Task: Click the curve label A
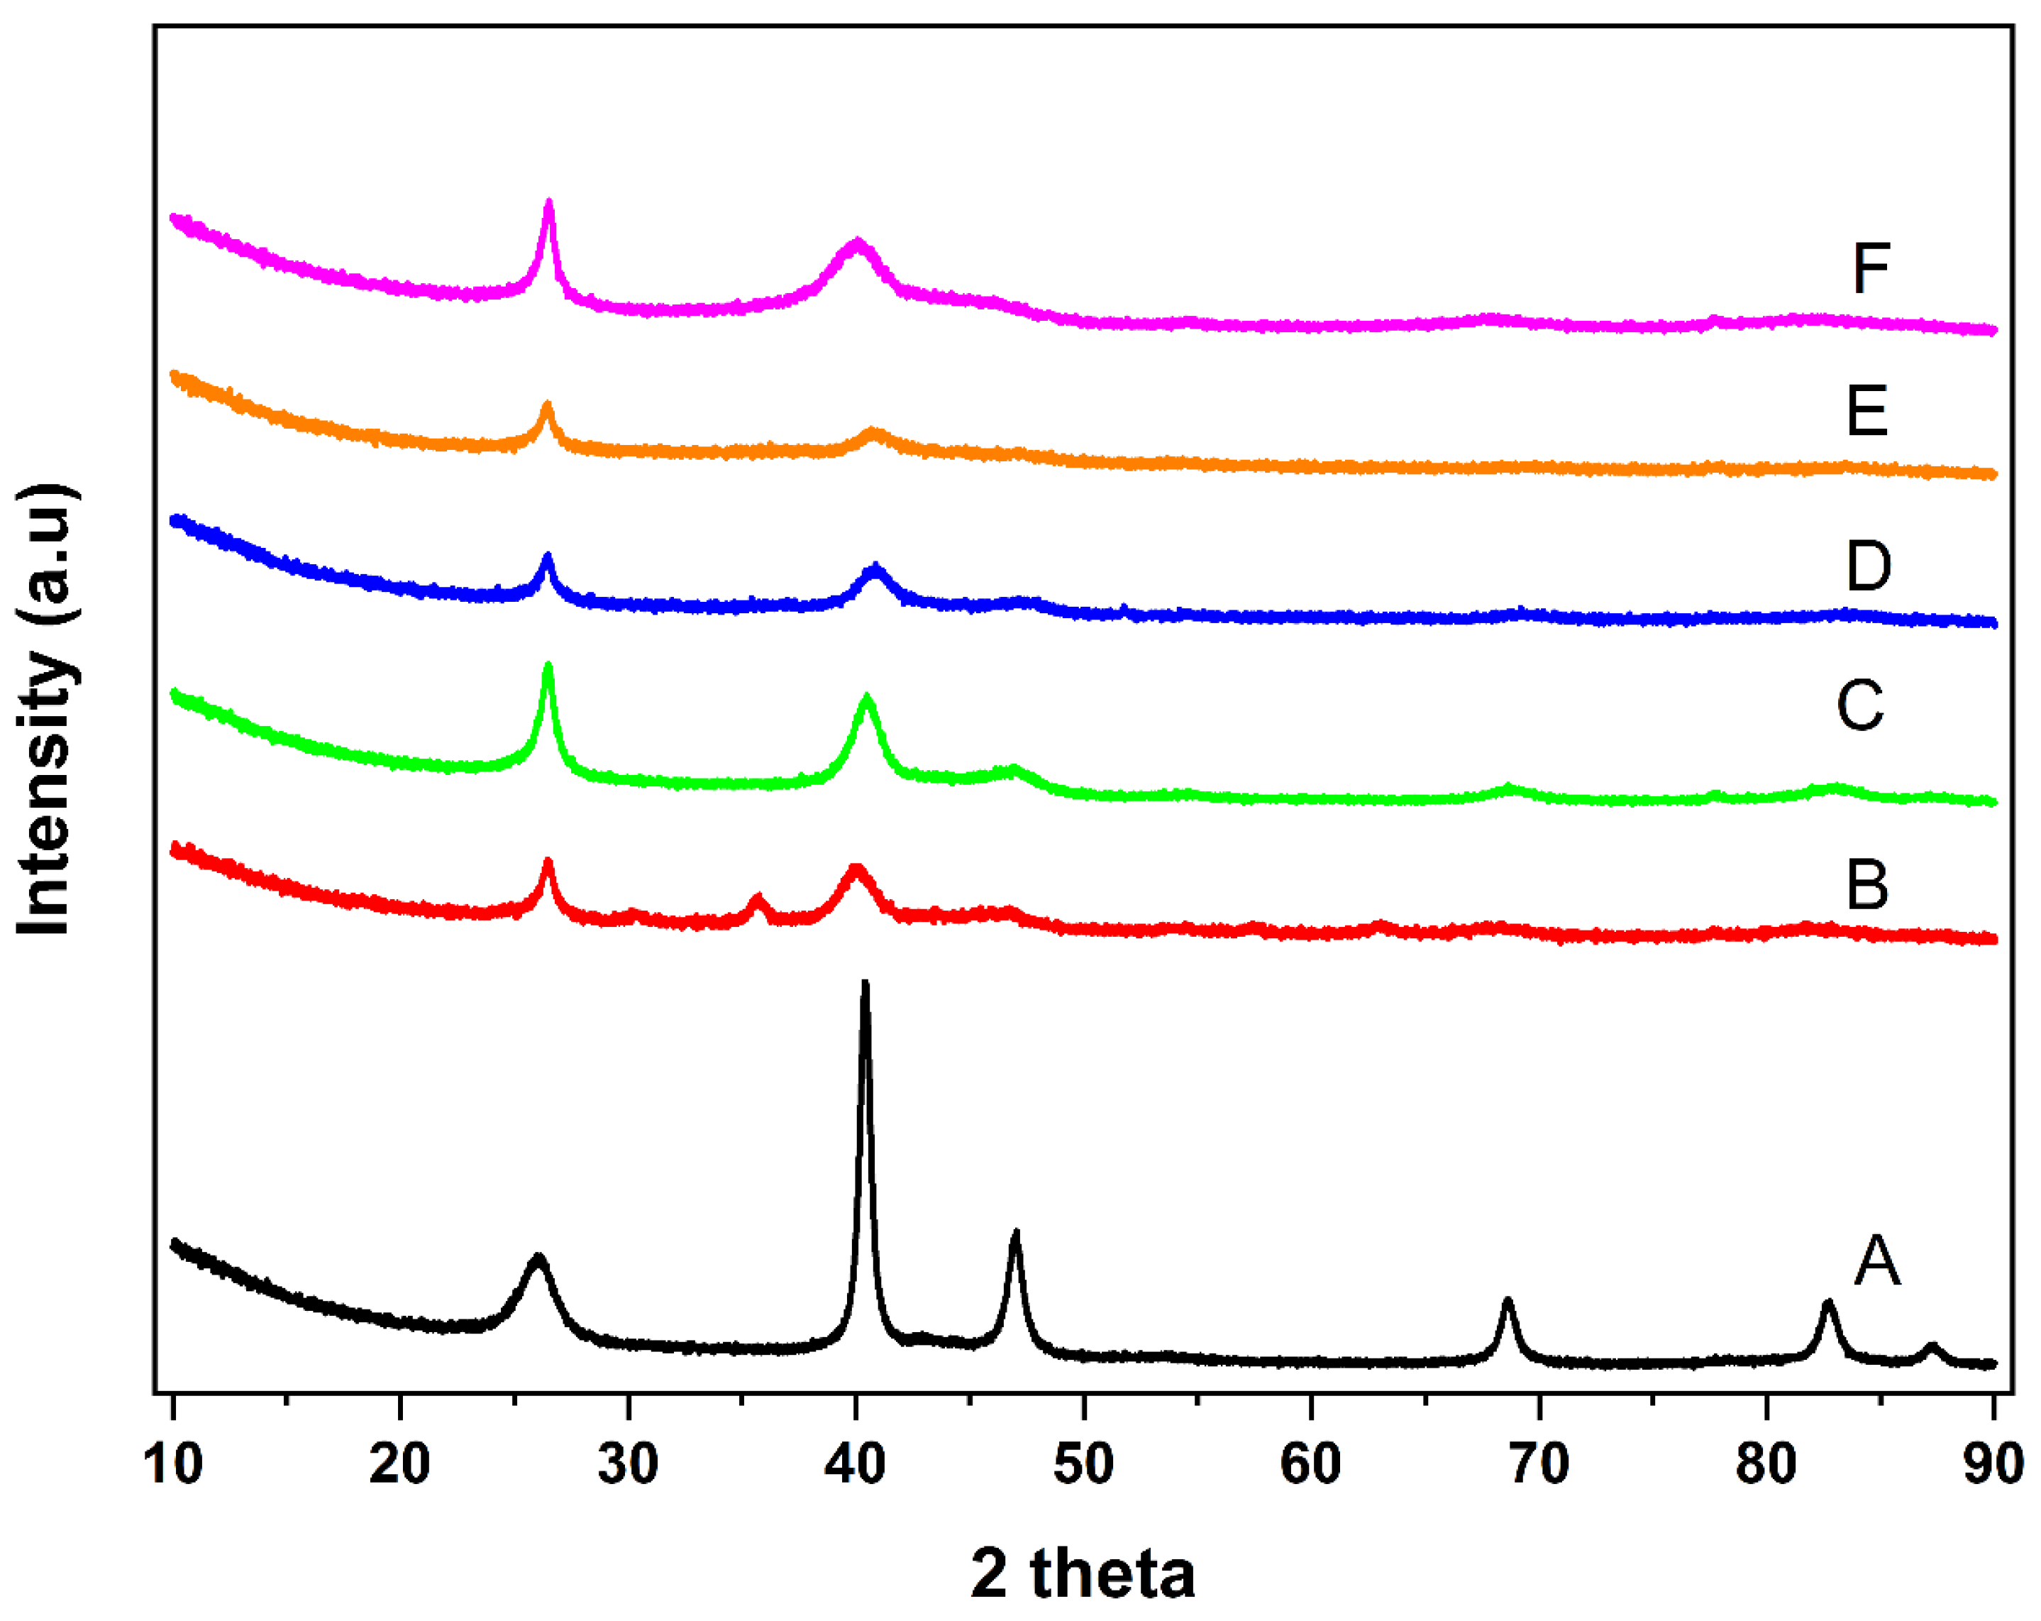1876,1261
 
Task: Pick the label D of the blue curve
1869,566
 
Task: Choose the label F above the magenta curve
1871,269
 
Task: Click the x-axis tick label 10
173,1464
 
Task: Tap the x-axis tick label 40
855,1464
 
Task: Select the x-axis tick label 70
1538,1464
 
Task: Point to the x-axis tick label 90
1993,1464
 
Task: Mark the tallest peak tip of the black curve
864,984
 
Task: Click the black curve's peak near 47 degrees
1016,1233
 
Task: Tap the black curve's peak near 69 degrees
1508,1302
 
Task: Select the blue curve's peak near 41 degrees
875,568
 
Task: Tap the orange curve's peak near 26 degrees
547,405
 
